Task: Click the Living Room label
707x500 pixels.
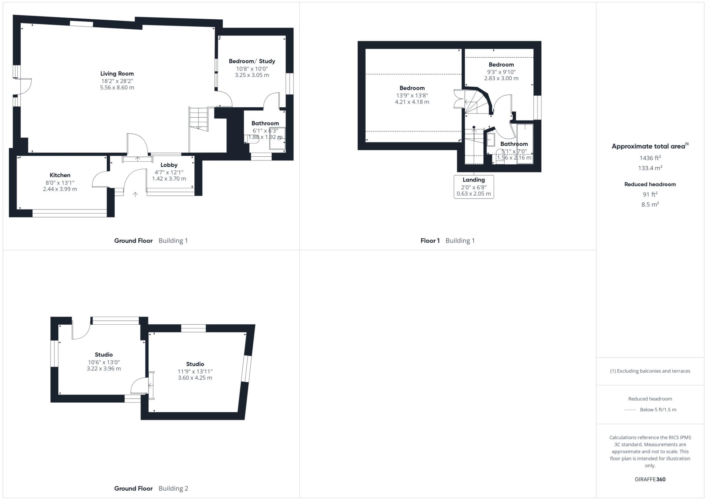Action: (x=117, y=73)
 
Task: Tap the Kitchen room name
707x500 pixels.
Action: (x=60, y=175)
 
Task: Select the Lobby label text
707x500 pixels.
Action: (x=169, y=165)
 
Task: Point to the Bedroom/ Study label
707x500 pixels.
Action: (x=252, y=61)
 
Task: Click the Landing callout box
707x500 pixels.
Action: (x=474, y=187)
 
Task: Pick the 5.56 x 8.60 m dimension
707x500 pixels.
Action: (x=117, y=88)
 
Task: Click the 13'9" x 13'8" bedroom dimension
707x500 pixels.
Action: (x=412, y=96)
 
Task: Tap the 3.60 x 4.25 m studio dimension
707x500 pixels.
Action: (x=195, y=378)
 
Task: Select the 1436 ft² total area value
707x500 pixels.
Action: (x=650, y=158)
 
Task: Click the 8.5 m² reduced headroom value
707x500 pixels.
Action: (x=650, y=204)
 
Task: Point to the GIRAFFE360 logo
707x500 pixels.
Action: (x=650, y=479)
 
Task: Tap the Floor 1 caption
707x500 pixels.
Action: (x=430, y=241)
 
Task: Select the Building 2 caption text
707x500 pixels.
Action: (x=173, y=488)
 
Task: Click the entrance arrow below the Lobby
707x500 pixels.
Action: (x=135, y=195)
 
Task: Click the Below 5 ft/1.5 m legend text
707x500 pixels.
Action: (x=658, y=410)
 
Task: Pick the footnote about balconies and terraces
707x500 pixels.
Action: (x=650, y=371)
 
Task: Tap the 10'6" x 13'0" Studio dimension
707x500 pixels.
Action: (x=104, y=362)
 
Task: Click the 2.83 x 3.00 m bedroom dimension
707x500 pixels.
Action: (x=501, y=78)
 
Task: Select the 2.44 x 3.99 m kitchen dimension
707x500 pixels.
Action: (x=60, y=189)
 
